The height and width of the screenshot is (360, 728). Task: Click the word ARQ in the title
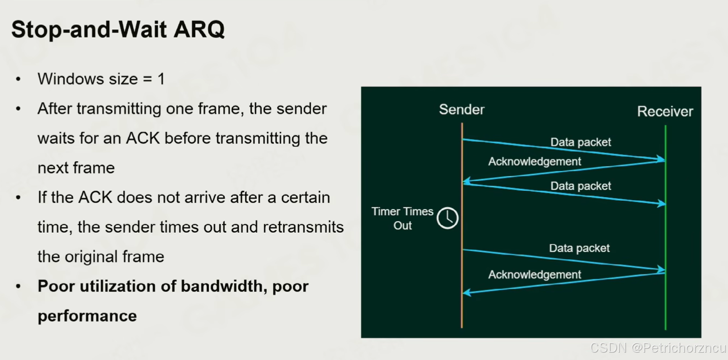click(199, 29)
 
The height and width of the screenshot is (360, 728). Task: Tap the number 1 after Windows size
click(161, 79)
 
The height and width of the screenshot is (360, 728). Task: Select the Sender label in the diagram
click(462, 110)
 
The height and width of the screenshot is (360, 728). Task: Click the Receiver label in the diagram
click(665, 111)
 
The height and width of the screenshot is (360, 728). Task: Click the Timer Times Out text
click(402, 218)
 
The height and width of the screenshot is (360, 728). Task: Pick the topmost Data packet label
click(580, 142)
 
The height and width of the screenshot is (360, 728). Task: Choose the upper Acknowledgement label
click(534, 162)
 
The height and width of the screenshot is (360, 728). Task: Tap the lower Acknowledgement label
click(534, 274)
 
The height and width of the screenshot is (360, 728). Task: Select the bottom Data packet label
click(579, 248)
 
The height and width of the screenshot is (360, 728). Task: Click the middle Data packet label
click(580, 186)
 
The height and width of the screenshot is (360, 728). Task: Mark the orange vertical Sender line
click(462, 225)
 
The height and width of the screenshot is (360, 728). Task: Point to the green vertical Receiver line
click(666, 227)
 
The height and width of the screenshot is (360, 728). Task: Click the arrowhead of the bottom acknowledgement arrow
click(467, 292)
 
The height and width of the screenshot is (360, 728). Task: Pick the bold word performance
click(87, 316)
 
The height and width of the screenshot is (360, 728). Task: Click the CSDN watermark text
click(658, 348)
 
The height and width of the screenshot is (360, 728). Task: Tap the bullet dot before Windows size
click(18, 79)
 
